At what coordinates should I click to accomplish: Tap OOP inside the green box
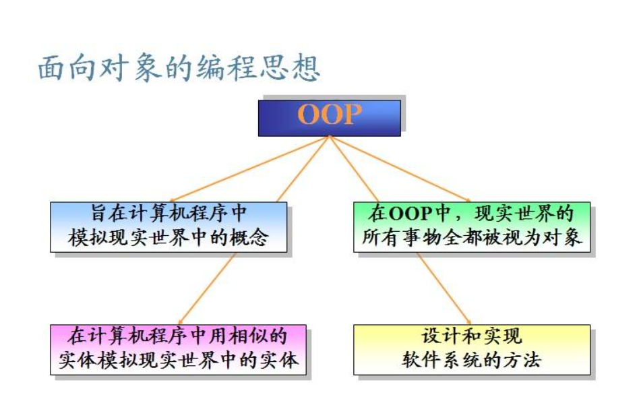pyautogui.click(x=413, y=215)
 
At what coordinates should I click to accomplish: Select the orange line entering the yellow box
pyautogui.click(x=445, y=290)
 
